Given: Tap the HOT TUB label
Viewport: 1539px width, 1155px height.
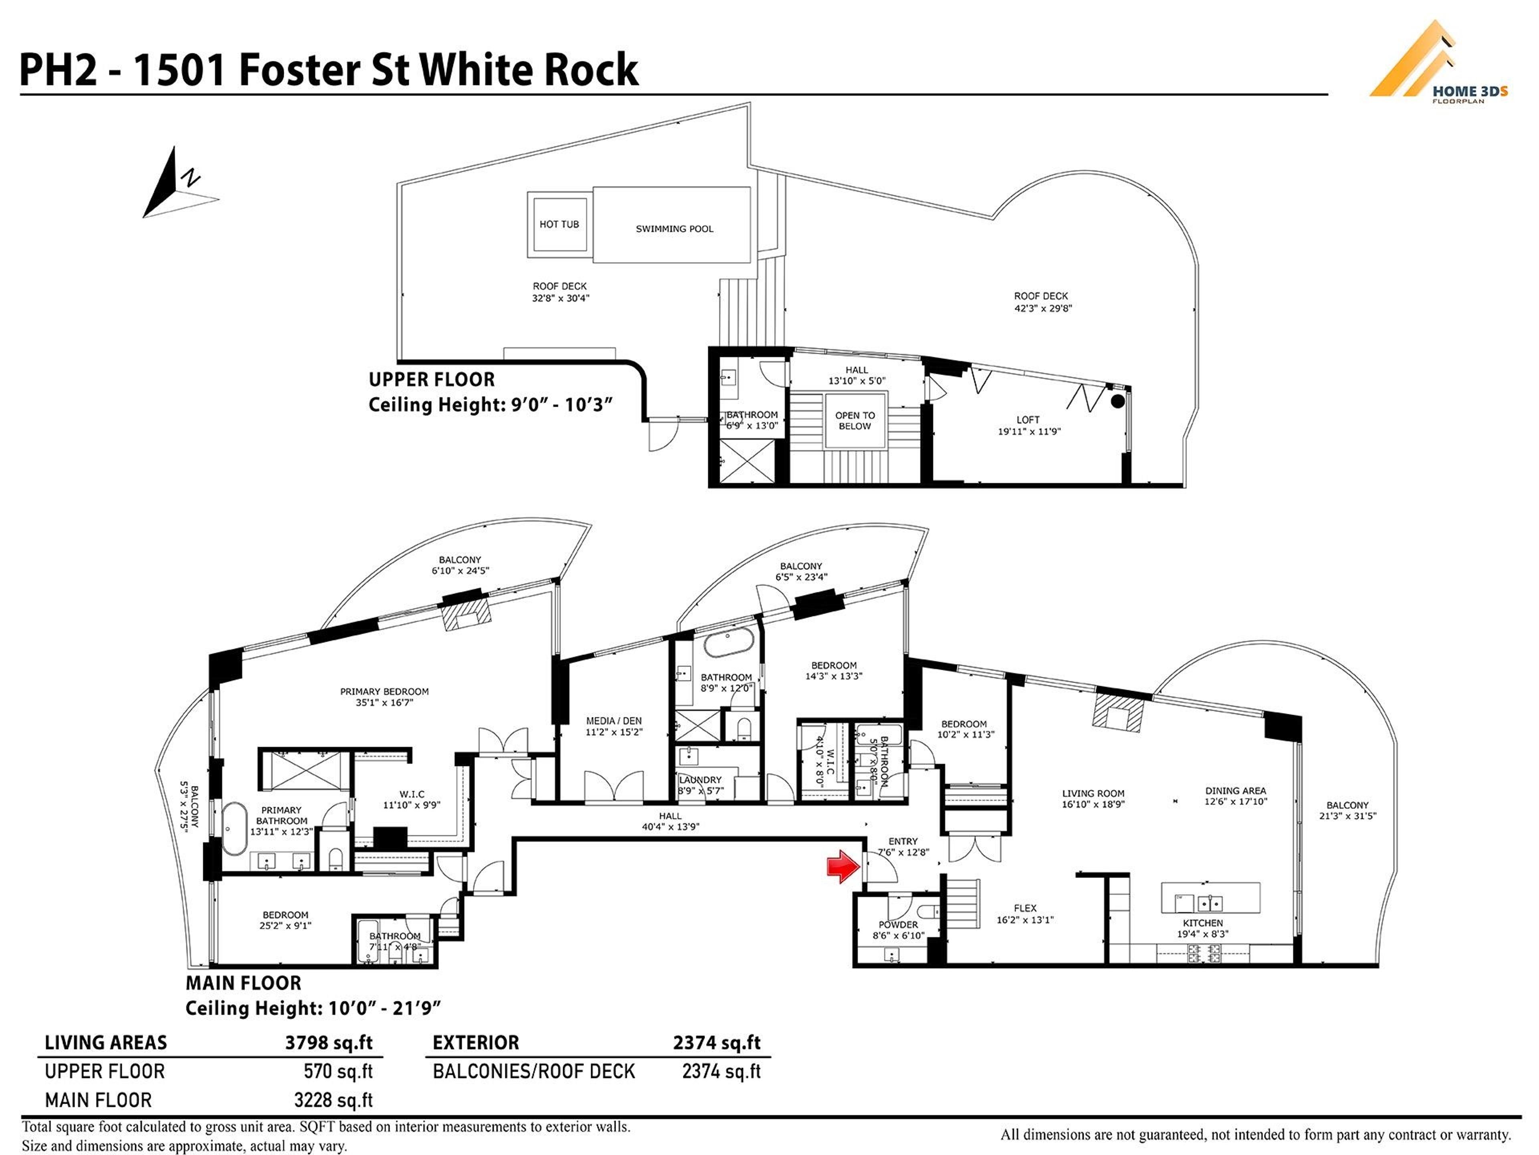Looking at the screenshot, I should click(x=559, y=224).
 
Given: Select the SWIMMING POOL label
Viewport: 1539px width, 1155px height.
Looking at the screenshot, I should click(x=673, y=228).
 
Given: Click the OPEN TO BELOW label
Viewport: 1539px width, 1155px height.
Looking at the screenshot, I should click(x=854, y=421).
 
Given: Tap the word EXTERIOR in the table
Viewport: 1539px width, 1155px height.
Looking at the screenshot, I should click(x=475, y=1042).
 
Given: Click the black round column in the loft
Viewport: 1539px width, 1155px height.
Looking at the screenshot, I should click(x=1117, y=401).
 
